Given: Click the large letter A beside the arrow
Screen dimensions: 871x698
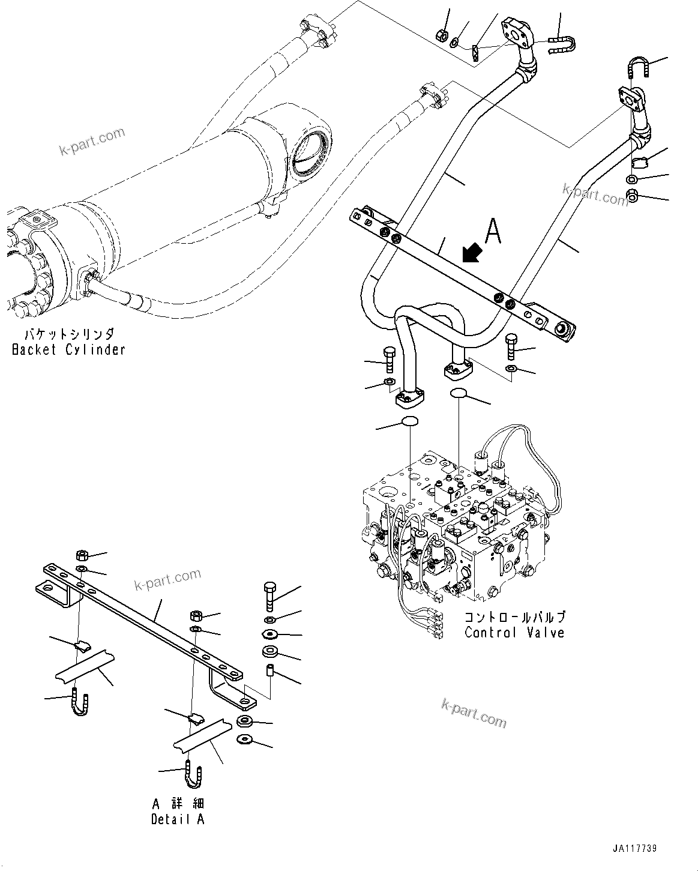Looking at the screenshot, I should [492, 231].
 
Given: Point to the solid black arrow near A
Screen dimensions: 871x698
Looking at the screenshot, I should [473, 254].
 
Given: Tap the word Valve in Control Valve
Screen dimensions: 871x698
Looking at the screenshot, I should [543, 633].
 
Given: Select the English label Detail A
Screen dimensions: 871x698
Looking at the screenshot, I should [178, 819].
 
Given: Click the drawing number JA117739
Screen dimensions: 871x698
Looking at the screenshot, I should [635, 849].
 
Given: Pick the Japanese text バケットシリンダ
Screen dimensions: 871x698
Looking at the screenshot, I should [68, 334].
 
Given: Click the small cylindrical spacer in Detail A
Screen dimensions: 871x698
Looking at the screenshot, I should [269, 671].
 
